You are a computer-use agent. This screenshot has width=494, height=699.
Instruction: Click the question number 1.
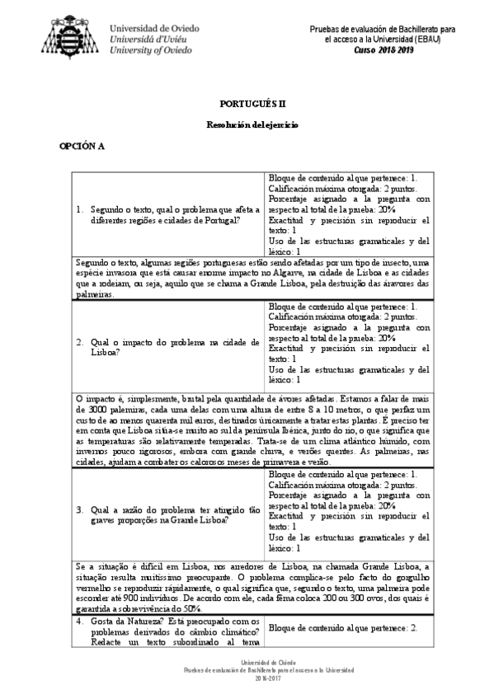[x=78, y=210]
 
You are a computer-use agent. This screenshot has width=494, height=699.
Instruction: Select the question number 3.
[x=78, y=509]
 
